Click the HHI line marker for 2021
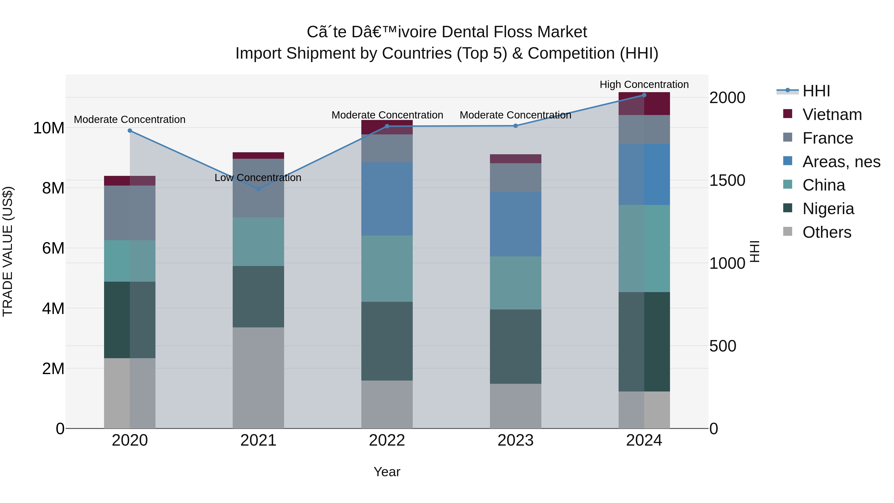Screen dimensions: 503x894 pos(258,189)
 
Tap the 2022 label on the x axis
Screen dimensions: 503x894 pos(387,440)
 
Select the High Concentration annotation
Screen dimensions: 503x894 pos(644,84)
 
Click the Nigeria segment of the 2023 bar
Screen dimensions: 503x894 pos(515,347)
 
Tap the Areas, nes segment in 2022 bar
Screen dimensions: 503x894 pos(387,199)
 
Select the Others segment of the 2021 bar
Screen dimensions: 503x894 pos(258,378)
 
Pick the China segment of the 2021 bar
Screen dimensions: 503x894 pos(258,242)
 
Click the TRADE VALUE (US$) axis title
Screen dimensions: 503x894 pos(8,251)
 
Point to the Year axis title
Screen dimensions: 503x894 pos(387,472)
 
